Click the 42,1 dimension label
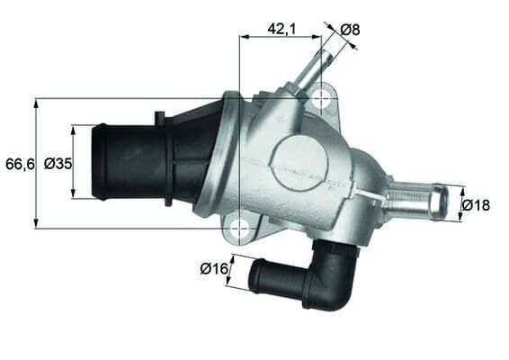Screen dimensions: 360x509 (281, 28)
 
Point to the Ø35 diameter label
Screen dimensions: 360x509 (58, 163)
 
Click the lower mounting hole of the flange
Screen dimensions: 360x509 (239, 229)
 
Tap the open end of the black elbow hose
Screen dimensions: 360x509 (255, 276)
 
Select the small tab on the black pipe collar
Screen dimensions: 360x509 (159, 117)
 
